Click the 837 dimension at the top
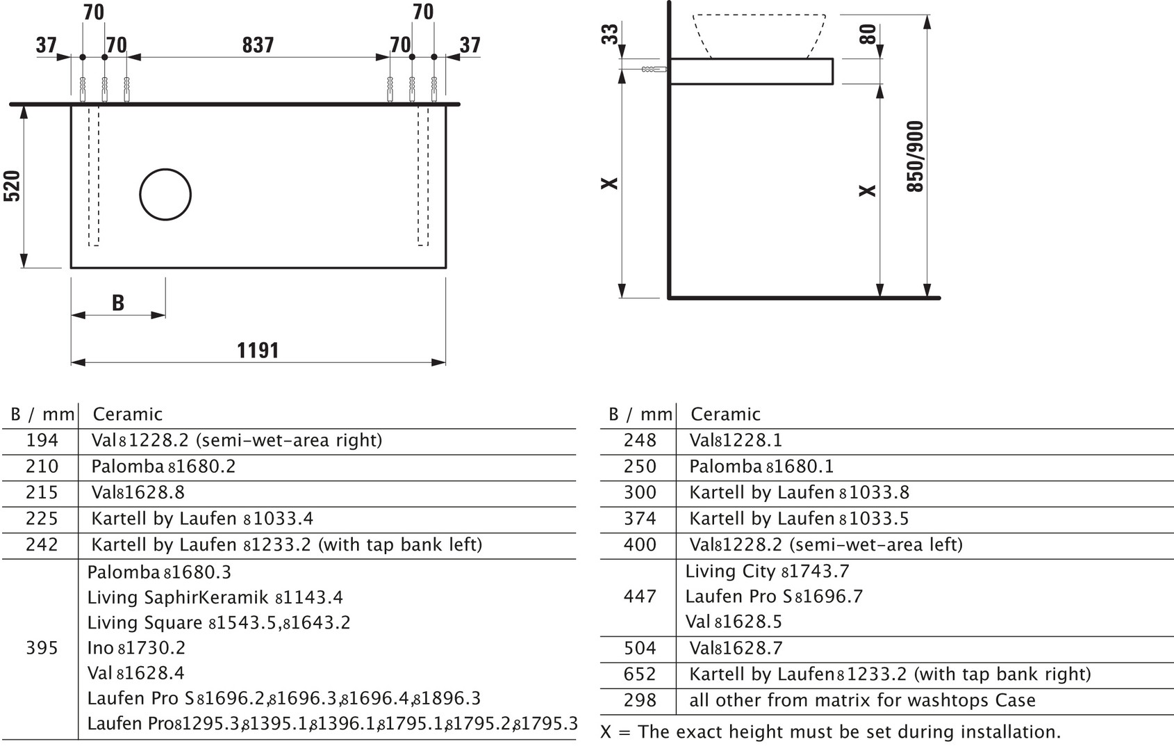tap(258, 45)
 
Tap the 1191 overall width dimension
tap(258, 350)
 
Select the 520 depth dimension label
tap(12, 186)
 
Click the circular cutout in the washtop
tap(165, 194)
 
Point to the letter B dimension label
tap(118, 302)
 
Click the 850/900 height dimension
tap(915, 156)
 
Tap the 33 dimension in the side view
tap(609, 34)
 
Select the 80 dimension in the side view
tap(868, 34)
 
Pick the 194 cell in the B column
tap(42, 439)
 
